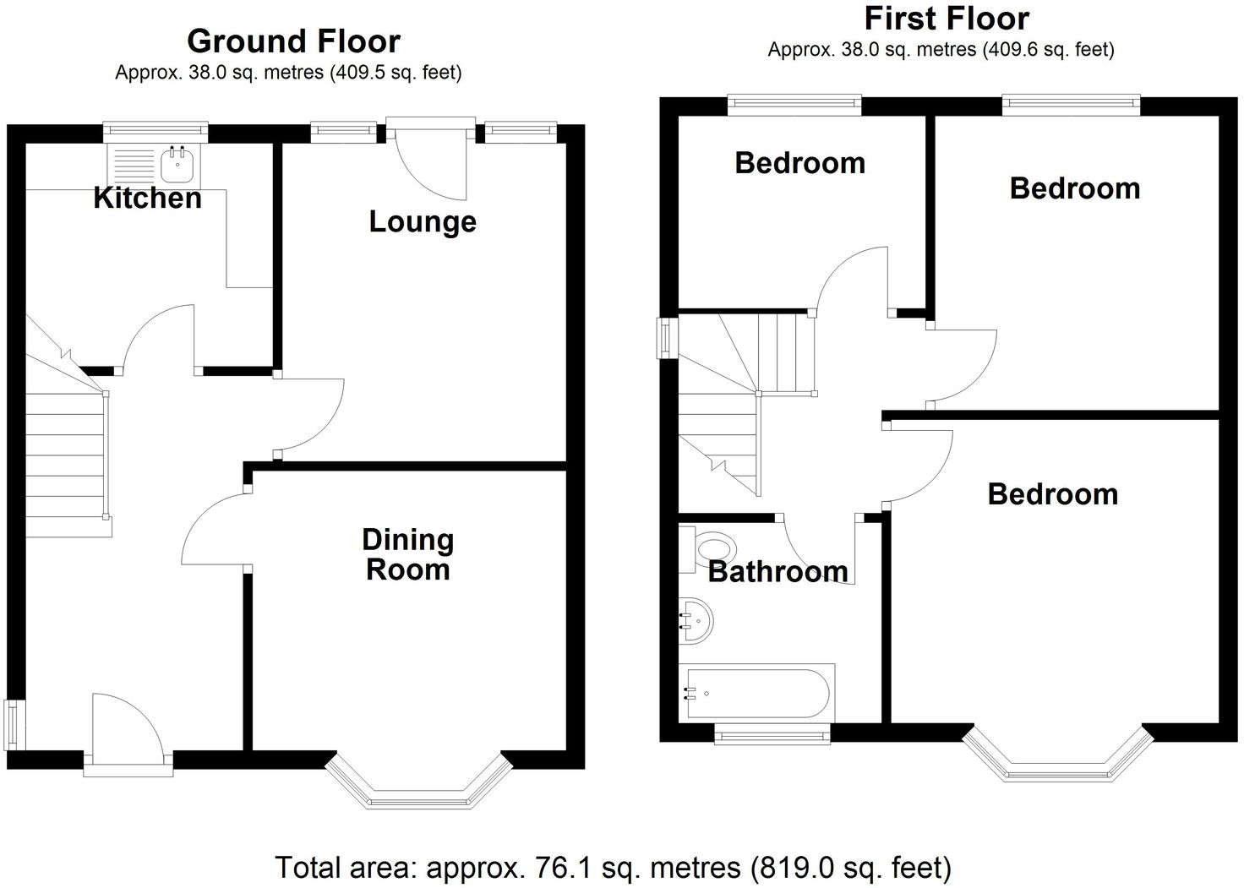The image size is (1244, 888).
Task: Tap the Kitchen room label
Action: (x=147, y=198)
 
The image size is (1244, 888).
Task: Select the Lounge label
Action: (x=423, y=221)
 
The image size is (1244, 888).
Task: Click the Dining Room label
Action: (x=407, y=554)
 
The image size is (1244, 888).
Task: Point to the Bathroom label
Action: (x=777, y=572)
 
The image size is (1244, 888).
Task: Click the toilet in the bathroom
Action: (x=708, y=548)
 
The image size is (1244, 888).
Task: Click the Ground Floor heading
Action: (x=293, y=41)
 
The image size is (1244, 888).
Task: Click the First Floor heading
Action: (x=947, y=18)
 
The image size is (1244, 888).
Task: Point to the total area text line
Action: (x=614, y=867)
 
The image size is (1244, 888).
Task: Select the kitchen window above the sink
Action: (x=155, y=130)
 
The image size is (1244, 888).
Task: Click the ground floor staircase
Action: (x=66, y=456)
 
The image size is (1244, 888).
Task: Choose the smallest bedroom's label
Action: (x=799, y=162)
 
